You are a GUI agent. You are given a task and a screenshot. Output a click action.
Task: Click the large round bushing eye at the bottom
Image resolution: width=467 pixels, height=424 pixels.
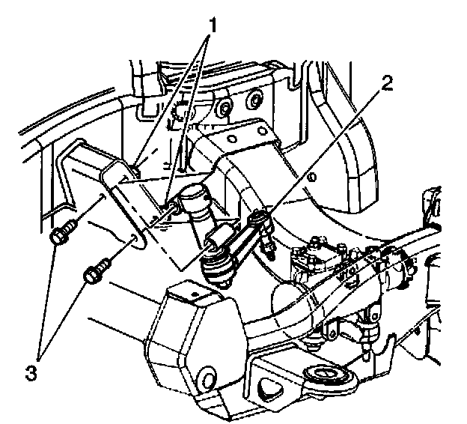[328, 372]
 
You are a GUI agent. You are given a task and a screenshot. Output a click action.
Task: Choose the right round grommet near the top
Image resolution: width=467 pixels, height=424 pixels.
[254, 99]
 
